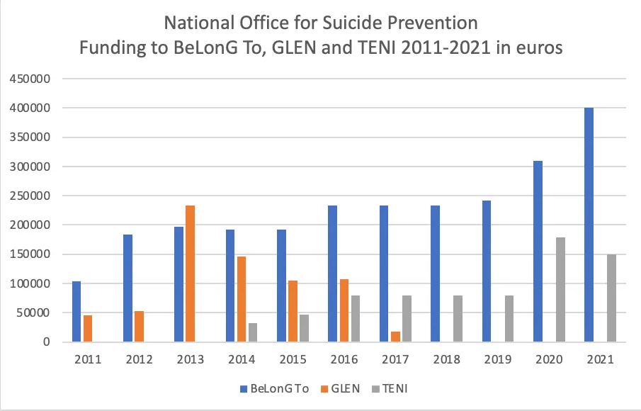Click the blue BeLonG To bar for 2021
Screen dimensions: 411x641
[x=589, y=225]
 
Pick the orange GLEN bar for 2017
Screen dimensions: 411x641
[x=395, y=337]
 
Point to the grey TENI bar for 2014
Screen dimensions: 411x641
[x=253, y=332]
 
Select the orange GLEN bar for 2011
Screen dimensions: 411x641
[x=87, y=328]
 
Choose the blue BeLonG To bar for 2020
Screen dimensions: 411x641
[x=538, y=252]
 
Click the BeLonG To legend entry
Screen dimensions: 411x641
[x=274, y=388]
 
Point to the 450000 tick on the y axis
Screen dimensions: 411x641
[x=28, y=79]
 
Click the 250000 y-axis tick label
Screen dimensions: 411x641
[x=28, y=196]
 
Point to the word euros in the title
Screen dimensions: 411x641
[x=536, y=50]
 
